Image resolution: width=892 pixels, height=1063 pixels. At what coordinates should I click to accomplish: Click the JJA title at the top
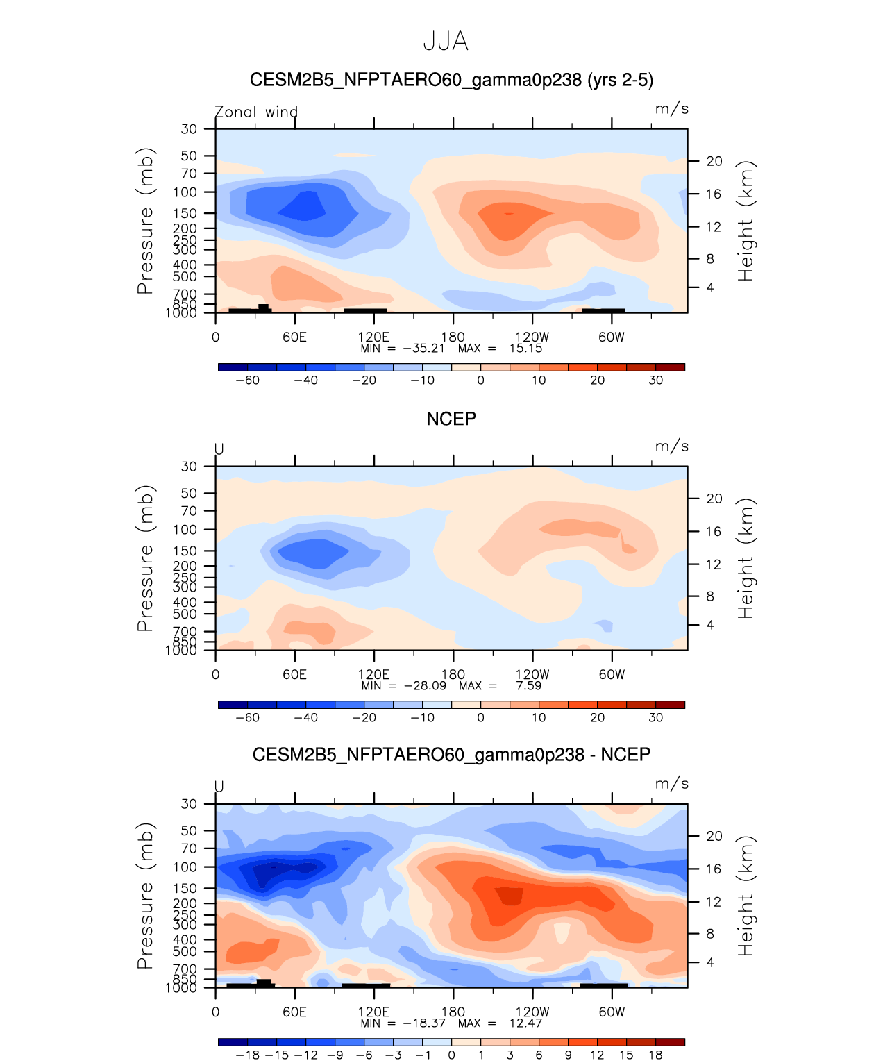[x=446, y=42]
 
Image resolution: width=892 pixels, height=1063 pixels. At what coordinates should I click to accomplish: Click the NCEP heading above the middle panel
[x=451, y=419]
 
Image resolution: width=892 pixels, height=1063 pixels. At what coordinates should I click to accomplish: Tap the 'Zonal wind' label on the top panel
[x=256, y=112]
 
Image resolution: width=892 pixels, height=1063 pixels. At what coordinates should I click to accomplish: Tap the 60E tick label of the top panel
[x=294, y=337]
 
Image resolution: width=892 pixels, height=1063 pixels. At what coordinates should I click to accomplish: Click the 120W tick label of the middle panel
[x=532, y=674]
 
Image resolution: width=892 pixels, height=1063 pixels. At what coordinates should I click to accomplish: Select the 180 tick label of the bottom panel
[x=453, y=1012]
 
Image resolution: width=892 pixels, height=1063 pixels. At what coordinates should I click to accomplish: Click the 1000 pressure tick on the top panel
[x=181, y=313]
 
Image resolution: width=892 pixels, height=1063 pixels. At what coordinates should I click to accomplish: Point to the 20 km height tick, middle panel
[x=714, y=499]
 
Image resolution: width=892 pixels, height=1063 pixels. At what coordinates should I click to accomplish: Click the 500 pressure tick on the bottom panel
[x=185, y=951]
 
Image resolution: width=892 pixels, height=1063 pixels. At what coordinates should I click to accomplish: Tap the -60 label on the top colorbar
[x=247, y=380]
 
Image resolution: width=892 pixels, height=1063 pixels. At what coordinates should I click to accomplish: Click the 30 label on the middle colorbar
[x=655, y=718]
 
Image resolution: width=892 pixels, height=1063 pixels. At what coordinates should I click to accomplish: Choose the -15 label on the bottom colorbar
[x=277, y=1055]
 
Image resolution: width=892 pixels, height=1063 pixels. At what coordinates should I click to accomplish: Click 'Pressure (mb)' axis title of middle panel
[x=144, y=558]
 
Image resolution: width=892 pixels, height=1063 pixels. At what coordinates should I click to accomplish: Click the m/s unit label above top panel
[x=671, y=109]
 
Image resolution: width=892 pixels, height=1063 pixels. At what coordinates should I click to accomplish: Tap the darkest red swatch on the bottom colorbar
[x=670, y=1042]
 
